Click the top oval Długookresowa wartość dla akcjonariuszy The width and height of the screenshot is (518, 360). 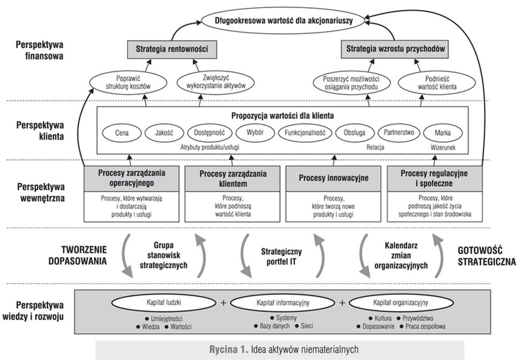point(284,20)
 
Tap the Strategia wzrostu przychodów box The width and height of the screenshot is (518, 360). point(395,48)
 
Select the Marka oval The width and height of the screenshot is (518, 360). point(442,133)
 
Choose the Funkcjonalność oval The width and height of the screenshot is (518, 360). point(305,133)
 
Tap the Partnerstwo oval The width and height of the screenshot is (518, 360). point(399,133)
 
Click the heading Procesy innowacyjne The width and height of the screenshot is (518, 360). point(333,178)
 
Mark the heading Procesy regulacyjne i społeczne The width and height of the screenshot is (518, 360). point(434,178)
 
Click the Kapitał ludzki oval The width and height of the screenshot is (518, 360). point(164,302)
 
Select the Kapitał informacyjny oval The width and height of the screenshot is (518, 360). point(283,302)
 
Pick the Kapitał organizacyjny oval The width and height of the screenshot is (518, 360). point(401,302)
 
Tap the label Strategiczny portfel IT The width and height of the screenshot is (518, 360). point(282,256)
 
